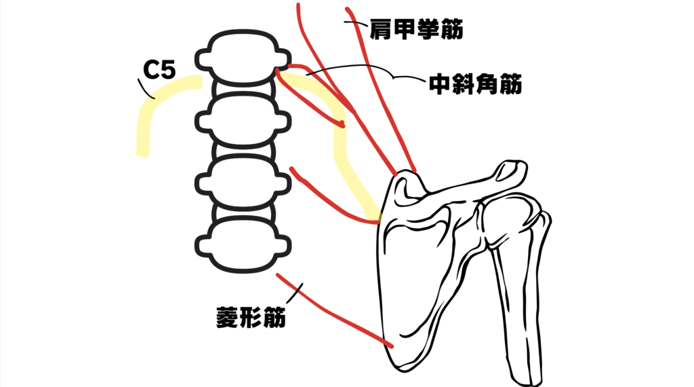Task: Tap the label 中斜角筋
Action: coord(474,84)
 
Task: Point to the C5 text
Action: coord(161,70)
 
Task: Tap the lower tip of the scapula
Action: coord(400,360)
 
